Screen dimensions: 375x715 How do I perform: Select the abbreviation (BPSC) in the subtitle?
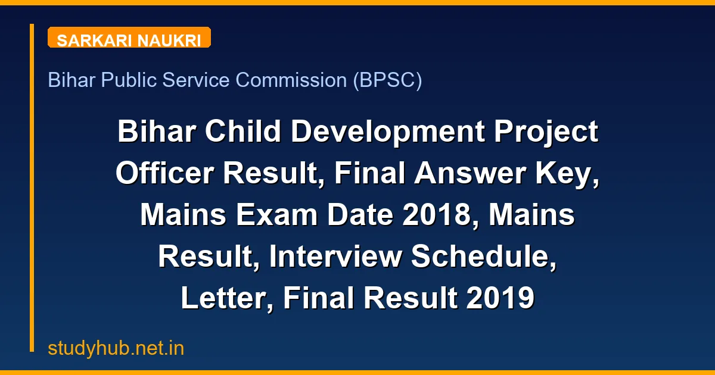point(387,80)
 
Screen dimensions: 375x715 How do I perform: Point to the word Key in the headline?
point(574,173)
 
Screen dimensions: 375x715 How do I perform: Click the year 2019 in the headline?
point(500,298)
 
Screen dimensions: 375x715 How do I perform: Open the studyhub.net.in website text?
point(116,348)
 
